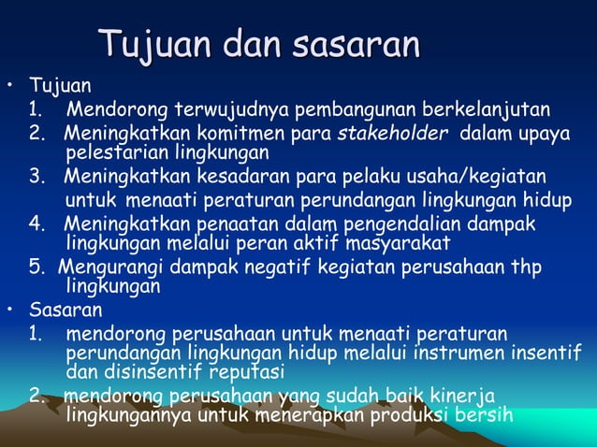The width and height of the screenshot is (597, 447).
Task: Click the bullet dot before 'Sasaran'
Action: (x=10, y=310)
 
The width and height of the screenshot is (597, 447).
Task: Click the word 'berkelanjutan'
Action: (x=486, y=109)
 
